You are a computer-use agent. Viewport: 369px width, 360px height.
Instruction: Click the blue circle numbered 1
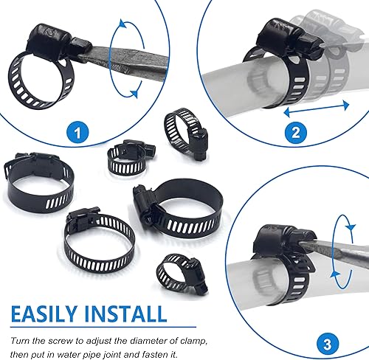(77, 133)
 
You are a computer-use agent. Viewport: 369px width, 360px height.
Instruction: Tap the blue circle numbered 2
(296, 133)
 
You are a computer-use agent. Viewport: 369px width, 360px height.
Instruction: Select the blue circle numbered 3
(328, 344)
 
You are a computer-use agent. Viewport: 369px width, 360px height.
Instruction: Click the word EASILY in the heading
(44, 314)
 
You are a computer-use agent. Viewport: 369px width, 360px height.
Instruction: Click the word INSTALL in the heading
(125, 314)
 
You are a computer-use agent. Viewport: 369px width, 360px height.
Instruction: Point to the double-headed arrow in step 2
(317, 109)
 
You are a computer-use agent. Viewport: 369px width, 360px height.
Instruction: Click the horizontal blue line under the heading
(103, 327)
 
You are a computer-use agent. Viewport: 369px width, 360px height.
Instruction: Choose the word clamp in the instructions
(193, 342)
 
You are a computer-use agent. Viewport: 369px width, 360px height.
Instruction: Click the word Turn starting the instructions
(19, 341)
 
